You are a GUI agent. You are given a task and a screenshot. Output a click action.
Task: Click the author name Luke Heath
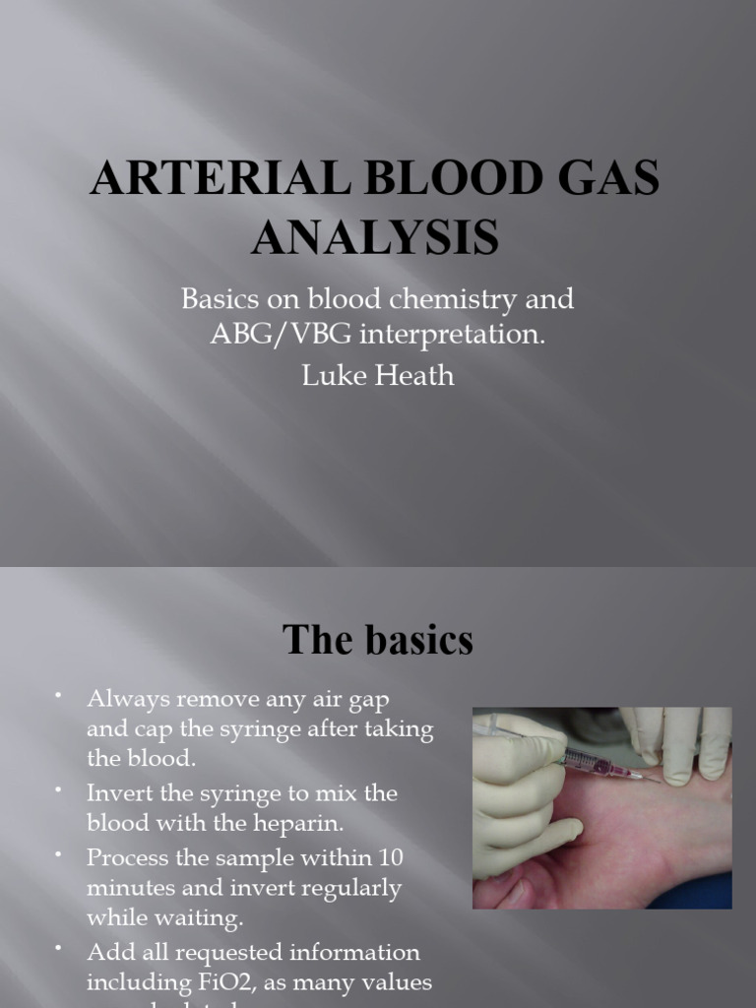378,375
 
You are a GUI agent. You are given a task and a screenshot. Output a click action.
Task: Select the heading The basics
378,641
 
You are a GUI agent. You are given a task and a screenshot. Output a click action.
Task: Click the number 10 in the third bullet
391,857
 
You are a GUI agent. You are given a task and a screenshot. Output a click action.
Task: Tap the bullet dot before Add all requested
59,948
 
